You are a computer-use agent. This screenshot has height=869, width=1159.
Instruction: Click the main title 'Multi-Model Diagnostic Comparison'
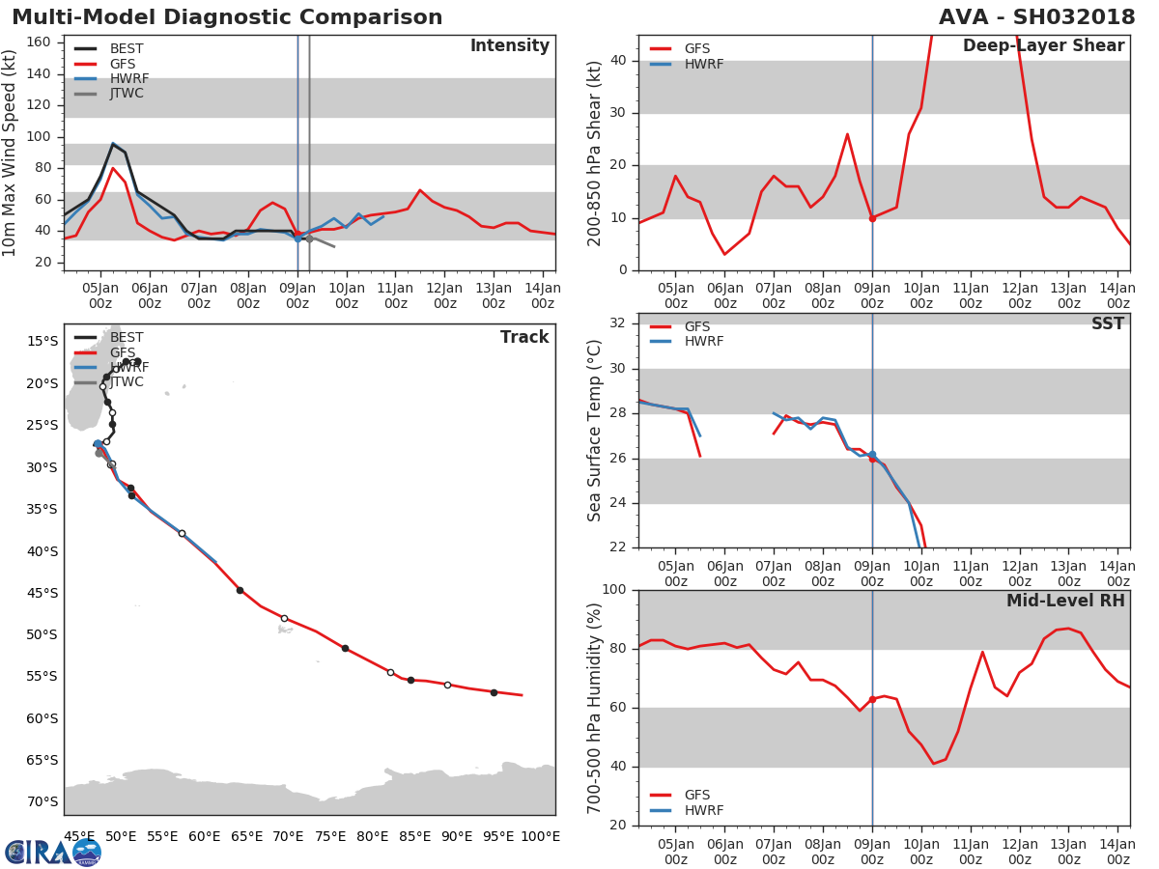227,16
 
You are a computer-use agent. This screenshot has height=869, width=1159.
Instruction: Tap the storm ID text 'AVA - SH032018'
1037,16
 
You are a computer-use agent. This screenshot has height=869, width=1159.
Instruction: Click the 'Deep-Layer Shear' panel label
1044,45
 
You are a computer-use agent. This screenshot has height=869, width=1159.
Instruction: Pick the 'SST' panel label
1108,323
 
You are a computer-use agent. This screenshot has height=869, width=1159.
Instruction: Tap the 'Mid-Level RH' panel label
1065,601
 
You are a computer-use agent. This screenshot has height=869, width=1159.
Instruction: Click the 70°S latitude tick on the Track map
42,802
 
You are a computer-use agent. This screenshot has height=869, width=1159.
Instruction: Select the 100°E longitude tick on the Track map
539,836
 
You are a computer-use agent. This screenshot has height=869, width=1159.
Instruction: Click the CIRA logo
52,853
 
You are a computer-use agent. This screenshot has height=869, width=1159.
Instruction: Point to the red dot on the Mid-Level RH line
872,700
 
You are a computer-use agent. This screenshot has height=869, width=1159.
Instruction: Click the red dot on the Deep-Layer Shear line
872,218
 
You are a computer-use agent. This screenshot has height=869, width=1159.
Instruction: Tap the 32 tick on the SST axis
618,322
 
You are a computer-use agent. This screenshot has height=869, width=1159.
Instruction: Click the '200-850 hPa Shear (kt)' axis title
594,154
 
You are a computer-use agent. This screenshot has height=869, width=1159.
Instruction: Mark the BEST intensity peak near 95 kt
112,144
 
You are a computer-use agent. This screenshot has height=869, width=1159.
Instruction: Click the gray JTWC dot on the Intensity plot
309,239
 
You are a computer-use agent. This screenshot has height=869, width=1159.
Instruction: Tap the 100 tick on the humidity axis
614,589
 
